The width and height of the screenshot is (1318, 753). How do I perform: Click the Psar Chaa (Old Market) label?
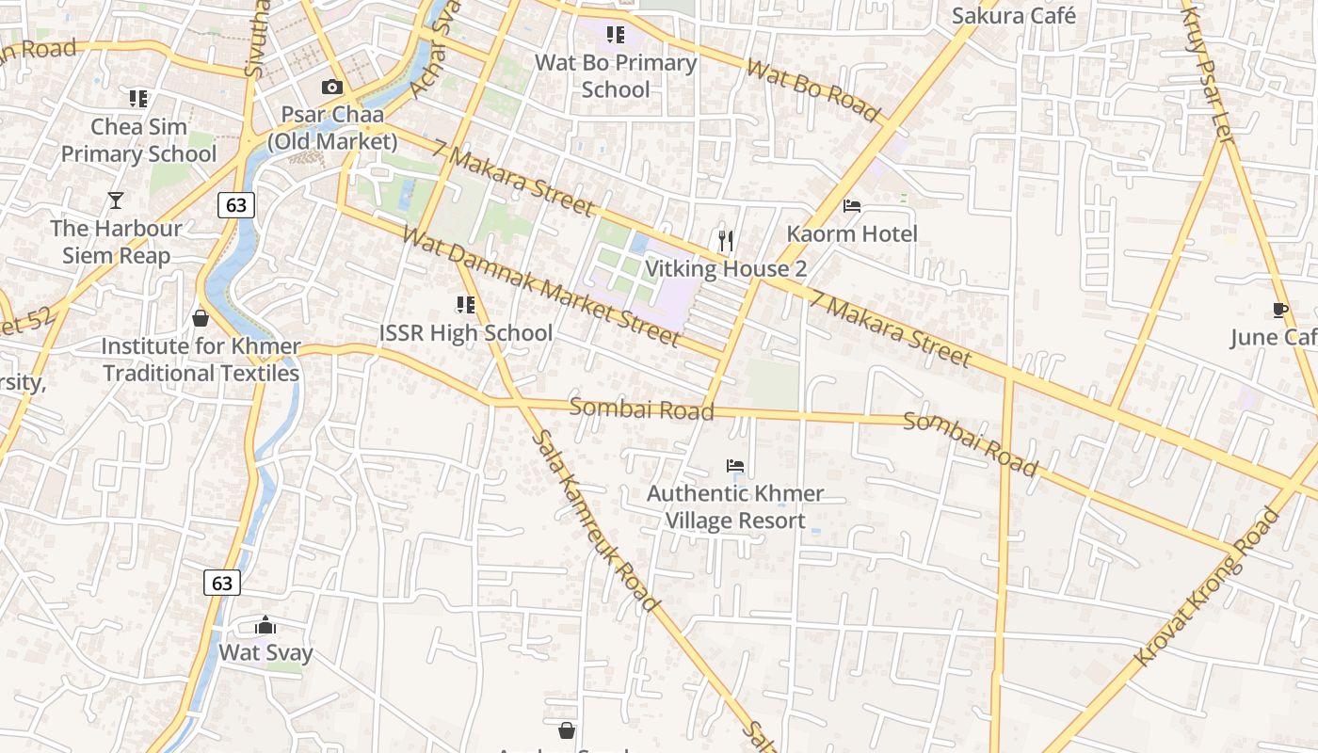point(332,128)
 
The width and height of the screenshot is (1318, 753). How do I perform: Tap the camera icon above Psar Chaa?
point(331,88)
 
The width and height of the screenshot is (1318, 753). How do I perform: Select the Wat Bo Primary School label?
point(616,76)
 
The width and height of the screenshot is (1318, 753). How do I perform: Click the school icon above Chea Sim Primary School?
point(138,98)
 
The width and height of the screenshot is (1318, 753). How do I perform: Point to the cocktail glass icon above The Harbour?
point(115,200)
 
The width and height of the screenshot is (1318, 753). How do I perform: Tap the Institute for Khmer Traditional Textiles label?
point(201,360)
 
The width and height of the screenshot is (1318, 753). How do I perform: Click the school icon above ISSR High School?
point(465,305)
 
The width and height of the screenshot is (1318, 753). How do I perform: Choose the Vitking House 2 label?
point(725,269)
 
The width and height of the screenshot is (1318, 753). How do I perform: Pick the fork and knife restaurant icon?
point(725,241)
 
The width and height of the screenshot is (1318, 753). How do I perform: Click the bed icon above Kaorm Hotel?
point(852,205)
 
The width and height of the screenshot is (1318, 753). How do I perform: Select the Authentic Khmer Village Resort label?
point(735,506)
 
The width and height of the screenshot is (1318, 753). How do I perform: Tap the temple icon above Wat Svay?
point(265,625)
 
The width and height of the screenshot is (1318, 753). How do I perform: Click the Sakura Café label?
point(1013,16)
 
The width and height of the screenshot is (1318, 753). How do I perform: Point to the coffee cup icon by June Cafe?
point(1279,310)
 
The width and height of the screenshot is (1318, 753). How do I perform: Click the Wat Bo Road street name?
point(812,90)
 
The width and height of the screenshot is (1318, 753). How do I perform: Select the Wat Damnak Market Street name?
point(540,285)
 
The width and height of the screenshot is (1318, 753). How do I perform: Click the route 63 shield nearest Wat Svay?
point(222,583)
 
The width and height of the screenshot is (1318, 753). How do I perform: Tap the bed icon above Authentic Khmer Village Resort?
point(735,466)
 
